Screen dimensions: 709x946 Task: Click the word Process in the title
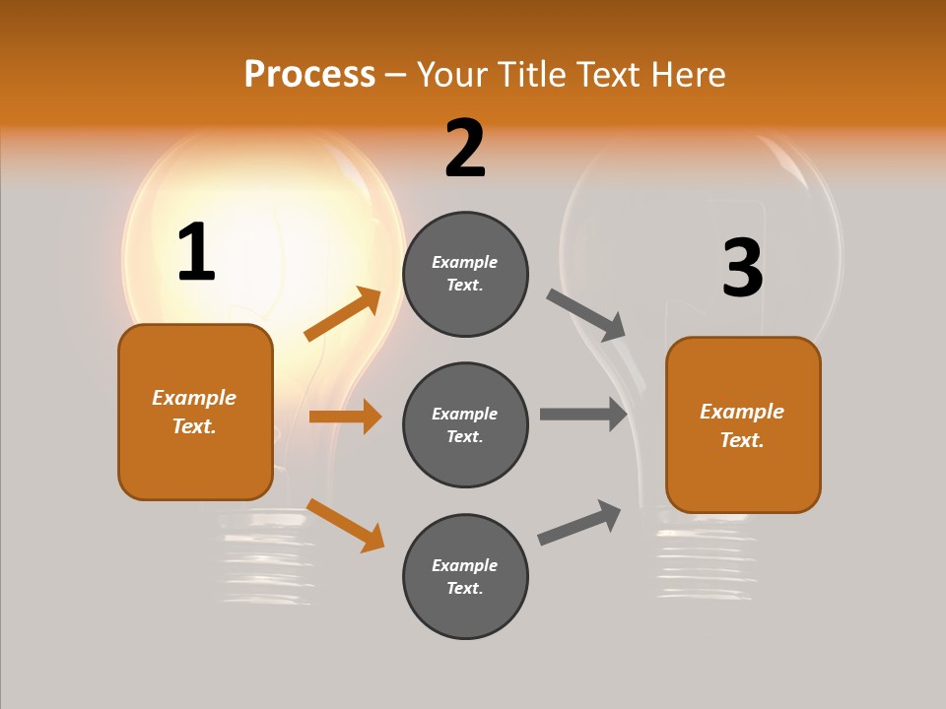(x=309, y=75)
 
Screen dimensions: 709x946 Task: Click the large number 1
(x=196, y=252)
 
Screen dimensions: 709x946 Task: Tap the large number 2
(x=465, y=149)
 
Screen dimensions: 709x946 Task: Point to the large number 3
(x=742, y=268)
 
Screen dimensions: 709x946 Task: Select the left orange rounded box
(x=195, y=412)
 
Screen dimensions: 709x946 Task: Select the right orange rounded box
(x=743, y=425)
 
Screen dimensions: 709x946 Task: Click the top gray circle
(x=465, y=274)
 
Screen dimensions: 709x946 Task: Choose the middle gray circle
(x=465, y=424)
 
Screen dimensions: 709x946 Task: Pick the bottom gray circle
(x=465, y=576)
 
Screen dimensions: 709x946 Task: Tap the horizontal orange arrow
(x=345, y=417)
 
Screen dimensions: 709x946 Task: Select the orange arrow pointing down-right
(x=346, y=525)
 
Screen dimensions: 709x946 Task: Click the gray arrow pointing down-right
(x=586, y=314)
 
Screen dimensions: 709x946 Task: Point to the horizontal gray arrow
(x=583, y=414)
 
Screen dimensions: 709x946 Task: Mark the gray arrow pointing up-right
(x=580, y=522)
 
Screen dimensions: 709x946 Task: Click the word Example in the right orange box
(x=742, y=412)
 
